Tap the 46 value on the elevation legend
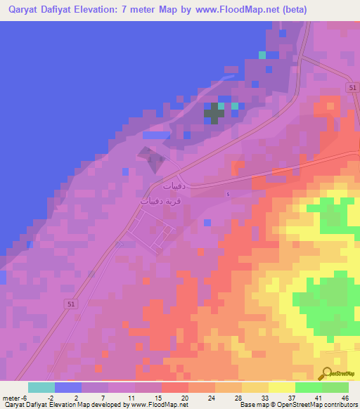click(x=344, y=397)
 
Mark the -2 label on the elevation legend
click(x=49, y=397)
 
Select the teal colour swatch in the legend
click(x=41, y=387)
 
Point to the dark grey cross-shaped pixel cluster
click(x=214, y=113)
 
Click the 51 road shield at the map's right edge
click(x=352, y=86)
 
